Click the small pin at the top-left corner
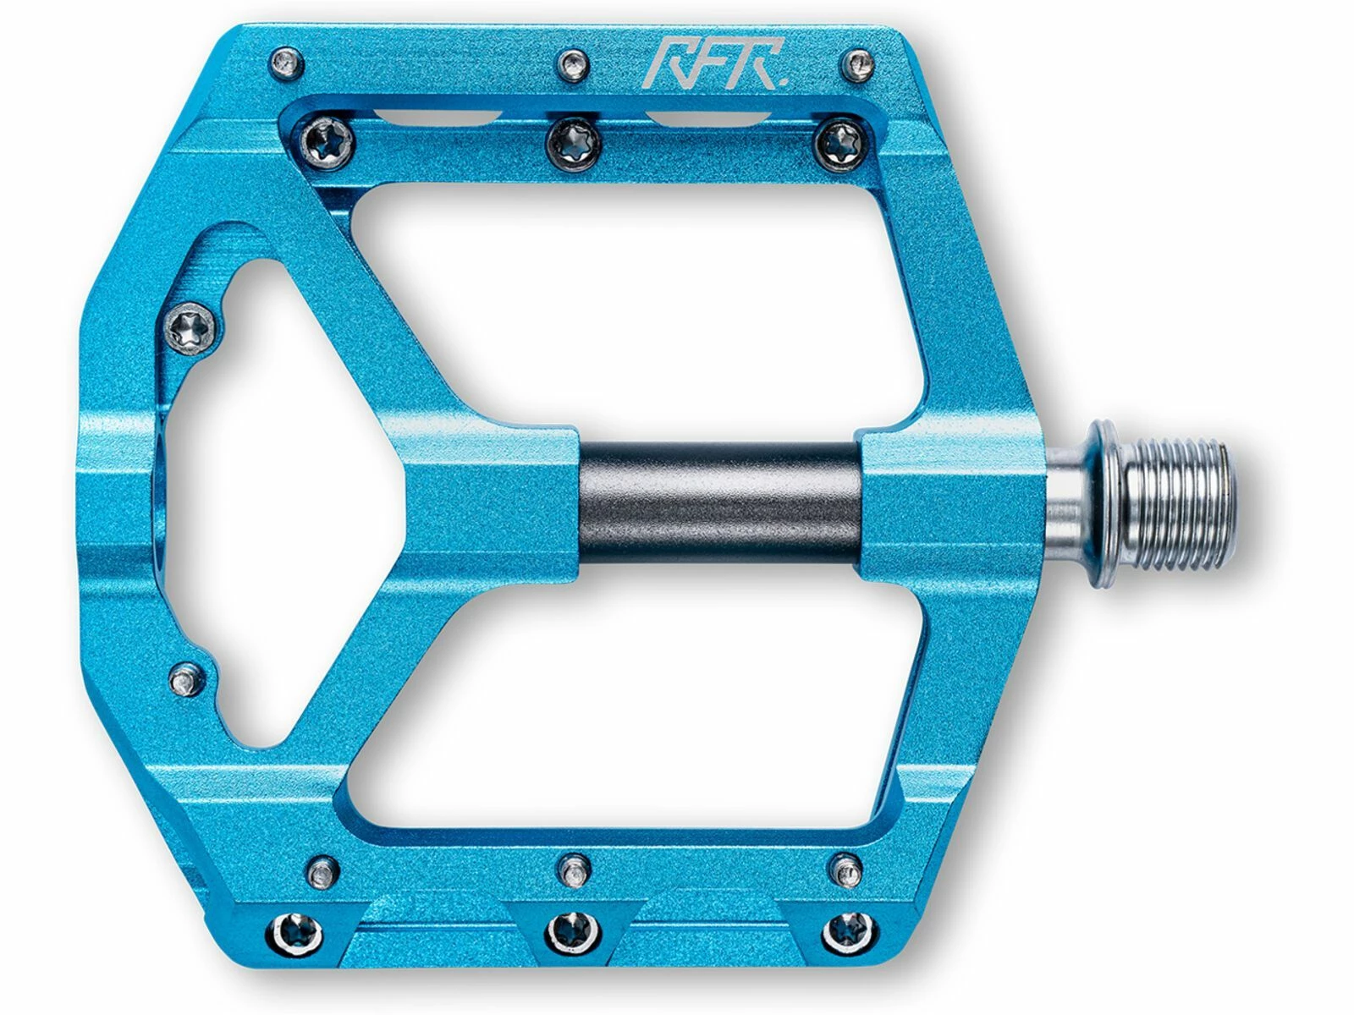click(x=286, y=62)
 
